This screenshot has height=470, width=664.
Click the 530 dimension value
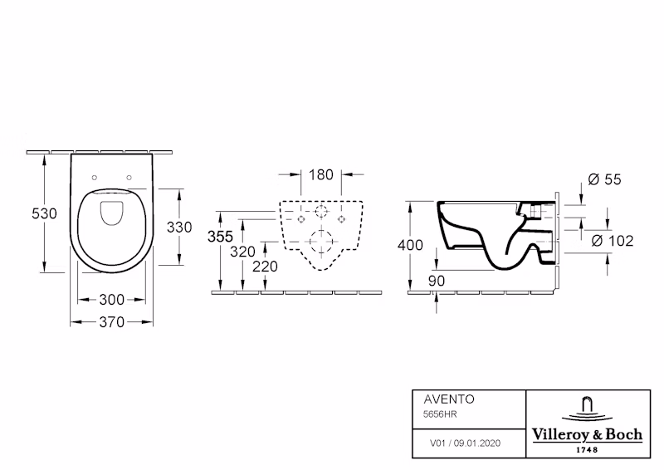coord(44,213)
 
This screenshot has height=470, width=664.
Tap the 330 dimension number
coord(179,228)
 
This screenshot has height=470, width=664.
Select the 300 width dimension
coord(112,300)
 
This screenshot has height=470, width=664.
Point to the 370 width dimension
coord(112,322)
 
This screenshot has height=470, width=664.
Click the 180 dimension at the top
coord(321,174)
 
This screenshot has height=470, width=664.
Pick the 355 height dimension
coord(220,237)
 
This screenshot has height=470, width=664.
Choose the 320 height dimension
coord(242,252)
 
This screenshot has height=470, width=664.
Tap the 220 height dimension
coord(265,267)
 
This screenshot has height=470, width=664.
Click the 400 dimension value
coord(410,245)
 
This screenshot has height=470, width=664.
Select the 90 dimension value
coord(437,281)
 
